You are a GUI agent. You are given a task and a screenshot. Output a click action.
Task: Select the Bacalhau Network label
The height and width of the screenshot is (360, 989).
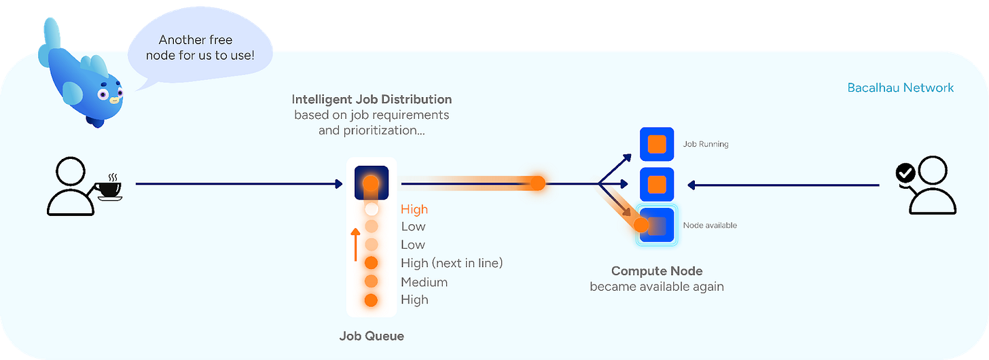point(901,88)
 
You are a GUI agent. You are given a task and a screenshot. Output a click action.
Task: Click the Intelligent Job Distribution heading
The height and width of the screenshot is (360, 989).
point(372,100)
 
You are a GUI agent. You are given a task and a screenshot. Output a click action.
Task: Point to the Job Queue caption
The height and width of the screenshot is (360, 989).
point(372,336)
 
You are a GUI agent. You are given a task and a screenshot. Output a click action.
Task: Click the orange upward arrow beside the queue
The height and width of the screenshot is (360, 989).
point(355,245)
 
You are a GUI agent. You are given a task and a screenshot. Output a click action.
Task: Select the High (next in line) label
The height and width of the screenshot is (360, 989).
point(452,263)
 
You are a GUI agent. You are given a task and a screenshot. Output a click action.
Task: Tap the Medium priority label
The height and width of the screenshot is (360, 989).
point(424,282)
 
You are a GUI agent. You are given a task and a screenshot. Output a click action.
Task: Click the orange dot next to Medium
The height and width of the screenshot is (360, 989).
point(371,281)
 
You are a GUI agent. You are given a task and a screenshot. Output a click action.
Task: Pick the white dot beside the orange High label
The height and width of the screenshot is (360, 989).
point(371,210)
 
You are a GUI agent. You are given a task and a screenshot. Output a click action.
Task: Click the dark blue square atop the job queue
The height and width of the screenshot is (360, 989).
point(371,182)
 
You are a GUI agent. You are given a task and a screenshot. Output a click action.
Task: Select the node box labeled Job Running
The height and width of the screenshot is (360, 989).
point(657,144)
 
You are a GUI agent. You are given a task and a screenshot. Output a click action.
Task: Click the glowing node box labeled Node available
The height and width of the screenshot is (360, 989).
point(657,225)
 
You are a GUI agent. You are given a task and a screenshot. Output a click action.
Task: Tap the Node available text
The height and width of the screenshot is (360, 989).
point(710,225)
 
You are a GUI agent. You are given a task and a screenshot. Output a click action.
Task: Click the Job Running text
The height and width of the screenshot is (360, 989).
point(706,144)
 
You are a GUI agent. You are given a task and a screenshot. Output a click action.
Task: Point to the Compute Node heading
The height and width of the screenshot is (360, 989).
point(657,271)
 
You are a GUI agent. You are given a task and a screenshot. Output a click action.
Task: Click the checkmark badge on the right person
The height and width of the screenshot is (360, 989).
point(905,174)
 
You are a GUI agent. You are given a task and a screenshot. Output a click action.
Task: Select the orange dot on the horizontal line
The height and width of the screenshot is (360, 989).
point(537,183)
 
